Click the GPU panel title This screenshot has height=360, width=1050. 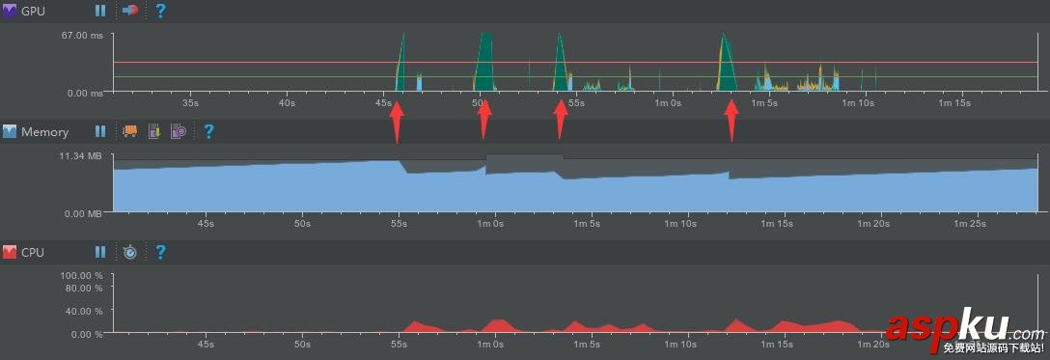(34, 11)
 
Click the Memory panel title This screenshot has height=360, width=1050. (44, 131)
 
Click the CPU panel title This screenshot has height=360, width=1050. (34, 252)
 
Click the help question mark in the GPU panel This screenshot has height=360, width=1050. (160, 11)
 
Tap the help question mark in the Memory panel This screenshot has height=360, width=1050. (207, 131)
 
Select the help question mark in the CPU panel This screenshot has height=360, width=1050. (160, 252)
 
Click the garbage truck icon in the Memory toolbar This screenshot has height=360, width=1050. (129, 131)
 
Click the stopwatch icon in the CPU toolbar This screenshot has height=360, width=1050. (130, 252)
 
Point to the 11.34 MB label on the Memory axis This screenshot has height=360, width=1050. (80, 155)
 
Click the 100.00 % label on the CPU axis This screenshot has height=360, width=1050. (81, 276)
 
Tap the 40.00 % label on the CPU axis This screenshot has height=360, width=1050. (83, 311)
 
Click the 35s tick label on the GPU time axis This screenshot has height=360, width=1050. (190, 102)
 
